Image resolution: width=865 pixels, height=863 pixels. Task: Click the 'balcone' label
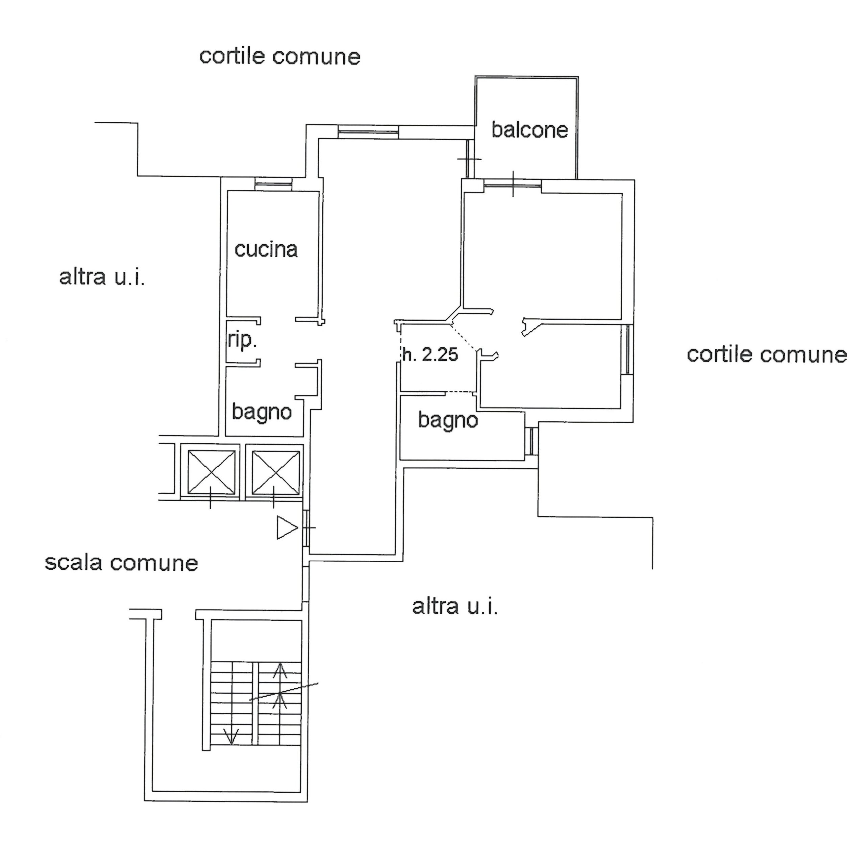click(530, 130)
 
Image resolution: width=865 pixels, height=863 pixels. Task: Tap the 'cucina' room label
click(266, 249)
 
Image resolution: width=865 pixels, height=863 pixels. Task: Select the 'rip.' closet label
click(242, 340)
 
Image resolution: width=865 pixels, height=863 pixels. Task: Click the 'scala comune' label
click(121, 563)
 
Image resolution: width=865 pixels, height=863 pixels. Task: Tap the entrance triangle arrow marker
click(287, 527)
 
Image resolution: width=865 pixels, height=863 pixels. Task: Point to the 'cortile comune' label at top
click(280, 57)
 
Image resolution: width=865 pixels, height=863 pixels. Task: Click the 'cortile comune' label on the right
click(767, 355)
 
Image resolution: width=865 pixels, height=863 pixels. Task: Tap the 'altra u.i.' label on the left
click(102, 277)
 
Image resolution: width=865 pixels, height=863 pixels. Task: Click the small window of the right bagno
click(531, 441)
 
